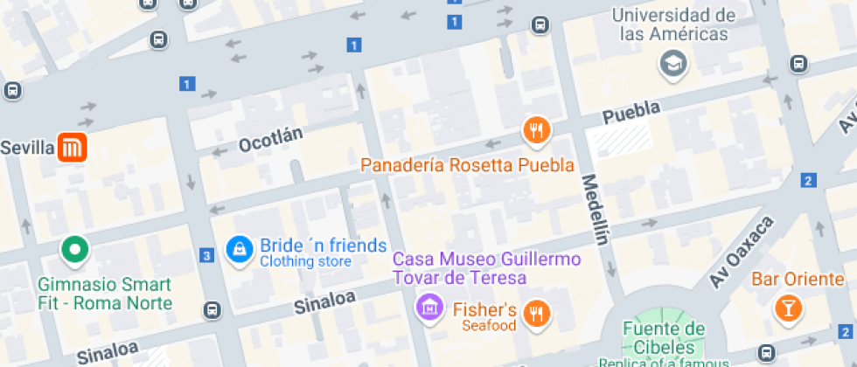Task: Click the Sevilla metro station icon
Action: click(72, 148)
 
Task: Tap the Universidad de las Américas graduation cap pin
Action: click(673, 63)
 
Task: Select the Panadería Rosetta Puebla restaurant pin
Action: click(535, 131)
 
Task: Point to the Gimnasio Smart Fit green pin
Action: click(74, 251)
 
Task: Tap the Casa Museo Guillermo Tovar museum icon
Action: click(428, 307)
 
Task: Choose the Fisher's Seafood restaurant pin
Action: click(535, 313)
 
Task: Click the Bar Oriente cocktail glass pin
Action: click(787, 308)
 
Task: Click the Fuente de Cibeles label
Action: click(664, 336)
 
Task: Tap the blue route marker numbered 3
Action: click(206, 256)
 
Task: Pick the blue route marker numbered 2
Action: click(808, 181)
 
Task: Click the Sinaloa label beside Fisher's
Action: click(324, 301)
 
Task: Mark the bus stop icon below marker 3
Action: click(212, 310)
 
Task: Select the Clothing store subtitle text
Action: click(305, 261)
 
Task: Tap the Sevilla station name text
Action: click(27, 148)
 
